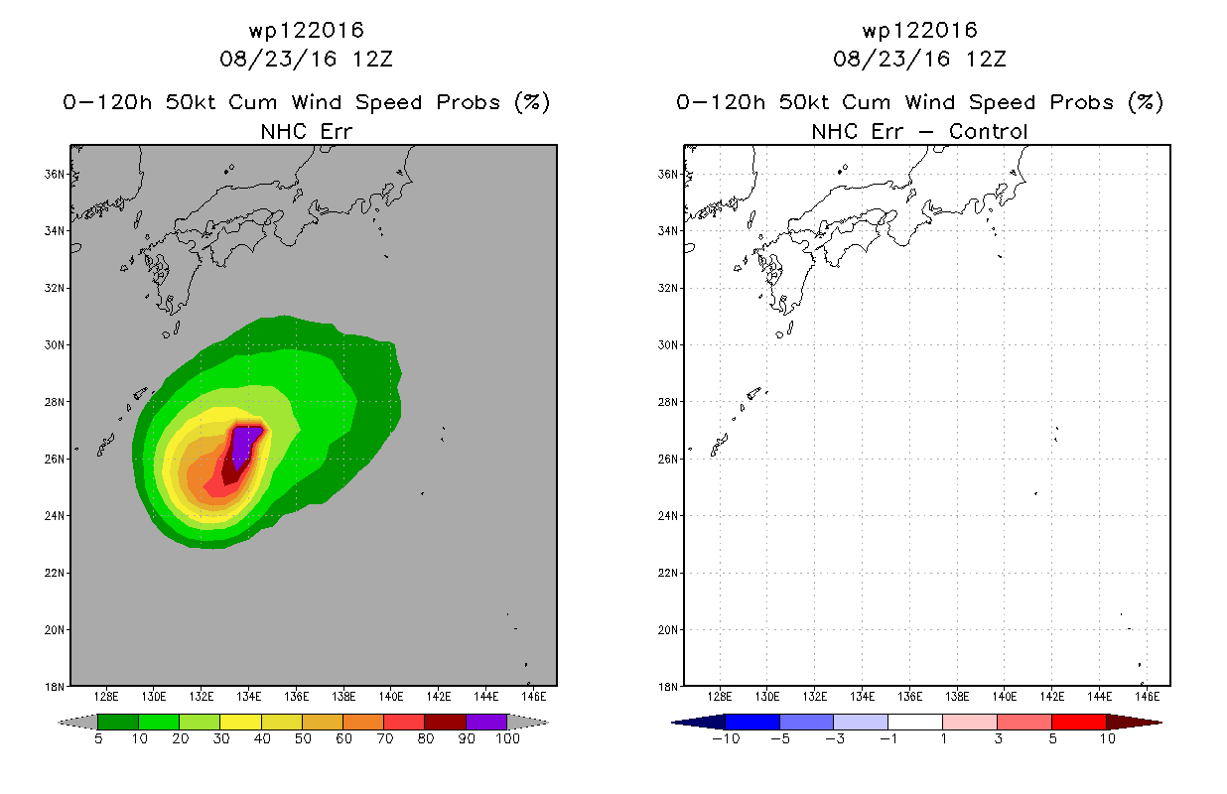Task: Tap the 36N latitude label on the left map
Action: pyautogui.click(x=55, y=174)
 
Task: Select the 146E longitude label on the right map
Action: pyautogui.click(x=1147, y=697)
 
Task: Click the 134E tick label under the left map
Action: pyautogui.click(x=249, y=697)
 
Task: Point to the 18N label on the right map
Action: pyautogui.click(x=668, y=687)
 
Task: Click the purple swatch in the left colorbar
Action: pyautogui.click(x=486, y=722)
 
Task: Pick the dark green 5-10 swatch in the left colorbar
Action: pyautogui.click(x=118, y=722)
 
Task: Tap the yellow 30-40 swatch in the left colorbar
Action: pyautogui.click(x=240, y=722)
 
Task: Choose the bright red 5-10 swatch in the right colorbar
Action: pyautogui.click(x=1079, y=722)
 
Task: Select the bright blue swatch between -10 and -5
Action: pyautogui.click(x=752, y=722)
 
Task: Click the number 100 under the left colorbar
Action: pyautogui.click(x=507, y=738)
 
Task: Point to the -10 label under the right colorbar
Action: pyautogui.click(x=726, y=738)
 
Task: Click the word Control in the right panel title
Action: pyautogui.click(x=988, y=131)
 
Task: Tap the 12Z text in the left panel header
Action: pyautogui.click(x=372, y=59)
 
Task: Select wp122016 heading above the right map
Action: pyautogui.click(x=919, y=30)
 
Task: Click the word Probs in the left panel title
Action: pyautogui.click(x=468, y=102)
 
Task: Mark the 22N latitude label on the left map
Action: pyautogui.click(x=55, y=573)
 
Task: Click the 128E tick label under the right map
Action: pyautogui.click(x=720, y=697)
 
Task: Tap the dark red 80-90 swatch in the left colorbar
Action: pyautogui.click(x=446, y=722)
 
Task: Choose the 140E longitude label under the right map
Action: pyautogui.click(x=1005, y=697)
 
